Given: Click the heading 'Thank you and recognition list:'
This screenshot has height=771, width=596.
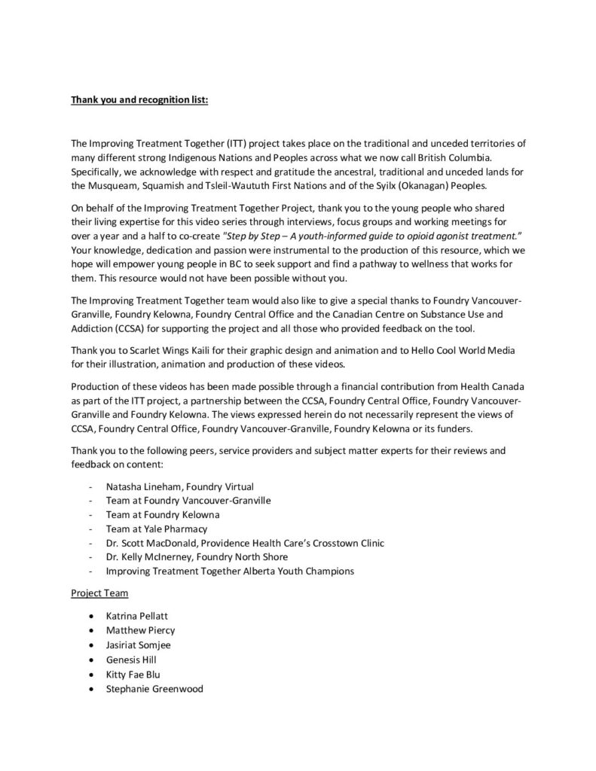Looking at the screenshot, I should click(139, 99).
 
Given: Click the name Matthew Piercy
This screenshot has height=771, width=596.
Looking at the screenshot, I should click(140, 629).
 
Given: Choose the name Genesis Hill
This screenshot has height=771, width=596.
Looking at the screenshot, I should click(131, 660).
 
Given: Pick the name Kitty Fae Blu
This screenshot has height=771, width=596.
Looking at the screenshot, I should click(133, 674).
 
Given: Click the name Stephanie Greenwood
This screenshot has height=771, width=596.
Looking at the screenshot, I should click(154, 689).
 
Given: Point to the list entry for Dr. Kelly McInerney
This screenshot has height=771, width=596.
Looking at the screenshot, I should click(197, 556).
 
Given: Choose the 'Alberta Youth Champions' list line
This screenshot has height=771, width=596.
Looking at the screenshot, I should click(230, 571).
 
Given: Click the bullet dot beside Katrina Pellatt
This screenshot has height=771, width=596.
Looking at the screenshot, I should click(91, 615).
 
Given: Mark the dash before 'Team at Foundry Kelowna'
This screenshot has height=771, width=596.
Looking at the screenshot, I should click(90, 514).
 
